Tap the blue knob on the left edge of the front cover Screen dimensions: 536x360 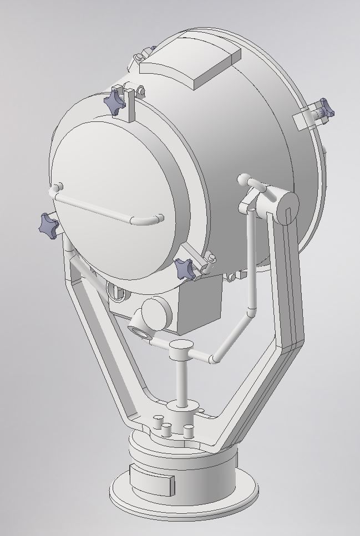[x=48, y=224]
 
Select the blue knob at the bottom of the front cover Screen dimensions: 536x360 [x=185, y=269]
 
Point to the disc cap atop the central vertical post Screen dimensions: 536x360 [x=181, y=347]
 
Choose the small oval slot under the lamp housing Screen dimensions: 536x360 [x=115, y=289]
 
